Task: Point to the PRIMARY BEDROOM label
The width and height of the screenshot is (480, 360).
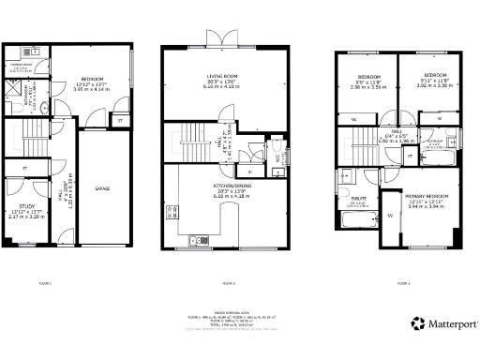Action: (x=428, y=196)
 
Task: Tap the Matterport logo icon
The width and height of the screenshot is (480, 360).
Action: (x=415, y=325)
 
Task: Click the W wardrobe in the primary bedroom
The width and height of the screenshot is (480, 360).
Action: (x=389, y=217)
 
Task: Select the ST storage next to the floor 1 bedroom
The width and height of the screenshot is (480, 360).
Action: (x=119, y=119)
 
